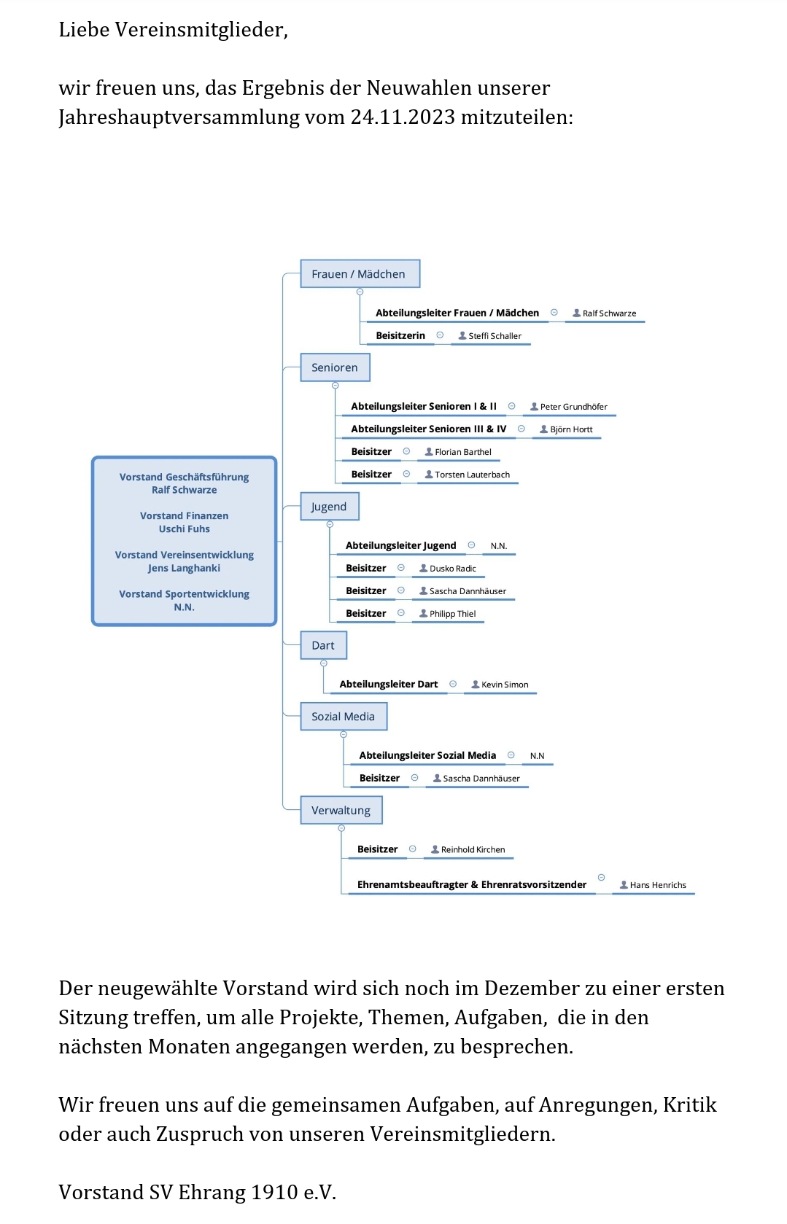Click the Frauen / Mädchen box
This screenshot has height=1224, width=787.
pyautogui.click(x=360, y=274)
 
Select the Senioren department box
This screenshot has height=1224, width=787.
pyautogui.click(x=335, y=367)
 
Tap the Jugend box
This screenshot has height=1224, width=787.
pyautogui.click(x=330, y=507)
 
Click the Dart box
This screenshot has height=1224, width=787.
pyautogui.click(x=324, y=645)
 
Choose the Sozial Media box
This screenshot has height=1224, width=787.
pyautogui.click(x=344, y=717)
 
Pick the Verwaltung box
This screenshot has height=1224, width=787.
pyautogui.click(x=341, y=810)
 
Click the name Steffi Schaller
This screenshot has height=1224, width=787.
pyautogui.click(x=495, y=336)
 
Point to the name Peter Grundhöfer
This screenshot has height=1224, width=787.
pyautogui.click(x=574, y=407)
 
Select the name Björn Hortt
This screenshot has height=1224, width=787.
pyautogui.click(x=571, y=429)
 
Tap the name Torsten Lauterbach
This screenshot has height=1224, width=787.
pyautogui.click(x=472, y=475)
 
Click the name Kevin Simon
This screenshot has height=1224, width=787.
pyautogui.click(x=505, y=685)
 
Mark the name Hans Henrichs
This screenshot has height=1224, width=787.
pyautogui.click(x=658, y=885)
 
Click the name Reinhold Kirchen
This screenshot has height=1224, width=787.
pyautogui.click(x=473, y=850)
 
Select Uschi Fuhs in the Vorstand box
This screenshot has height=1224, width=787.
pyautogui.click(x=185, y=529)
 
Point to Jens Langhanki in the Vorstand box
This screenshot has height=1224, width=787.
pyautogui.click(x=185, y=569)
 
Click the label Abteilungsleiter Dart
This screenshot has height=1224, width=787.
pyautogui.click(x=389, y=684)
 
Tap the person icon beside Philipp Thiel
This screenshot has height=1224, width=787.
pyautogui.click(x=423, y=614)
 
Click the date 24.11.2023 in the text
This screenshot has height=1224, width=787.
pyautogui.click(x=403, y=117)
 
